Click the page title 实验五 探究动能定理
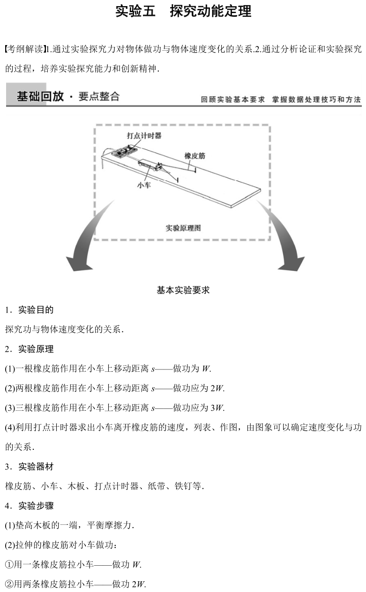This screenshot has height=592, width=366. [x=183, y=11]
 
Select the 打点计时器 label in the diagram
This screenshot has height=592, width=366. [x=144, y=136]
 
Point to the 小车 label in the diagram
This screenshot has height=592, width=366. [x=144, y=185]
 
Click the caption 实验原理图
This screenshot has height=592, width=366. [x=183, y=228]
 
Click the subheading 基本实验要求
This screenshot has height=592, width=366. [x=183, y=290]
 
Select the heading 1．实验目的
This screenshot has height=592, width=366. [x=29, y=310]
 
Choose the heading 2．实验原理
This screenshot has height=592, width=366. [x=29, y=349]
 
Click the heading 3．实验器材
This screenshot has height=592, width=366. [x=29, y=467]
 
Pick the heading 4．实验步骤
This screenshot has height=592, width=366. [x=29, y=506]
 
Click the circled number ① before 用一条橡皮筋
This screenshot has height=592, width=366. [x=9, y=565]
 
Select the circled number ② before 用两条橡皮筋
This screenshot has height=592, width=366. [x=9, y=584]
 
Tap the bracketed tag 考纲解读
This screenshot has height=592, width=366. [x=27, y=48]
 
